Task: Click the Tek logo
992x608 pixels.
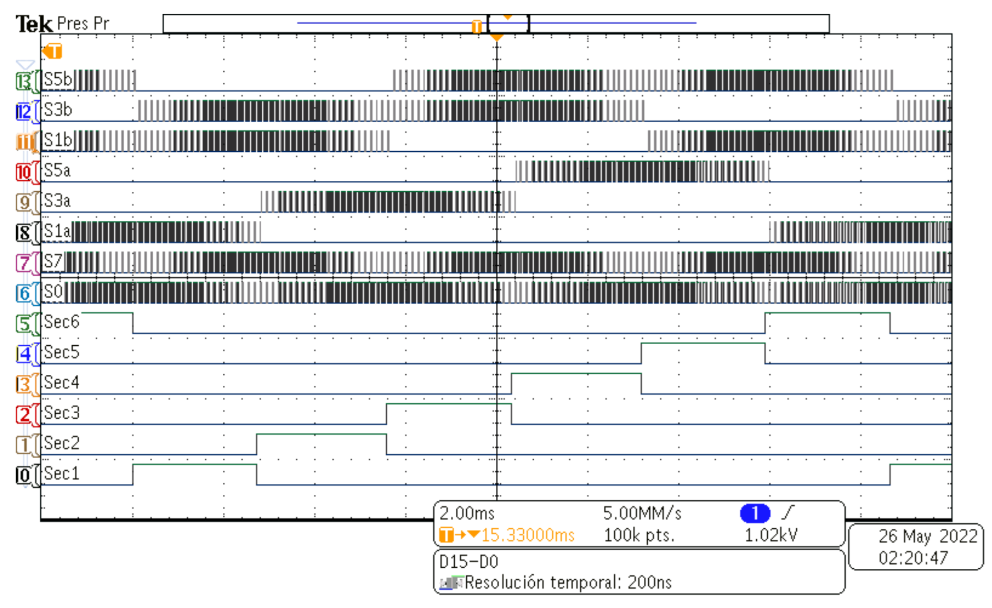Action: pyautogui.click(x=34, y=24)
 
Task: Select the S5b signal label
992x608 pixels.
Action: pyautogui.click(x=58, y=79)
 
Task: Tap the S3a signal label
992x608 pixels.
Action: pyautogui.click(x=57, y=200)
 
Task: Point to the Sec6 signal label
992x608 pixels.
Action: pyautogui.click(x=61, y=322)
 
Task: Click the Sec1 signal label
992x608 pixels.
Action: pyautogui.click(x=61, y=474)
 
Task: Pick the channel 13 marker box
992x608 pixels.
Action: pyautogui.click(x=24, y=81)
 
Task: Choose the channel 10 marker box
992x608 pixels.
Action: pyautogui.click(x=24, y=172)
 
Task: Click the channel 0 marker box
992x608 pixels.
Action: pyautogui.click(x=24, y=475)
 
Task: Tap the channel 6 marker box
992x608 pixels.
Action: pyautogui.click(x=24, y=293)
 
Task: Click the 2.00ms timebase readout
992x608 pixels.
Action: pyautogui.click(x=467, y=514)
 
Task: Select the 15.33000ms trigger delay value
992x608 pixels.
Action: pyautogui.click(x=528, y=535)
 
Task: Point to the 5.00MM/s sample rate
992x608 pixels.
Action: pyautogui.click(x=642, y=514)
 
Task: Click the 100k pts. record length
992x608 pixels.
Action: pyautogui.click(x=639, y=535)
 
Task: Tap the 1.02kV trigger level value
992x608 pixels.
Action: pyautogui.click(x=770, y=535)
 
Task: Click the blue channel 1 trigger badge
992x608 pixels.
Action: pyautogui.click(x=755, y=514)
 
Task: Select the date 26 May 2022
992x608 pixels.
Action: pyautogui.click(x=928, y=536)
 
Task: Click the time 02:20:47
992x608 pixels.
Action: pyautogui.click(x=913, y=558)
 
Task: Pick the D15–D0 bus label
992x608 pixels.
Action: pyautogui.click(x=469, y=562)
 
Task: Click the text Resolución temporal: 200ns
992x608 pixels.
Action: pyautogui.click(x=568, y=583)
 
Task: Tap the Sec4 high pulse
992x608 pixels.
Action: pyautogui.click(x=576, y=374)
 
